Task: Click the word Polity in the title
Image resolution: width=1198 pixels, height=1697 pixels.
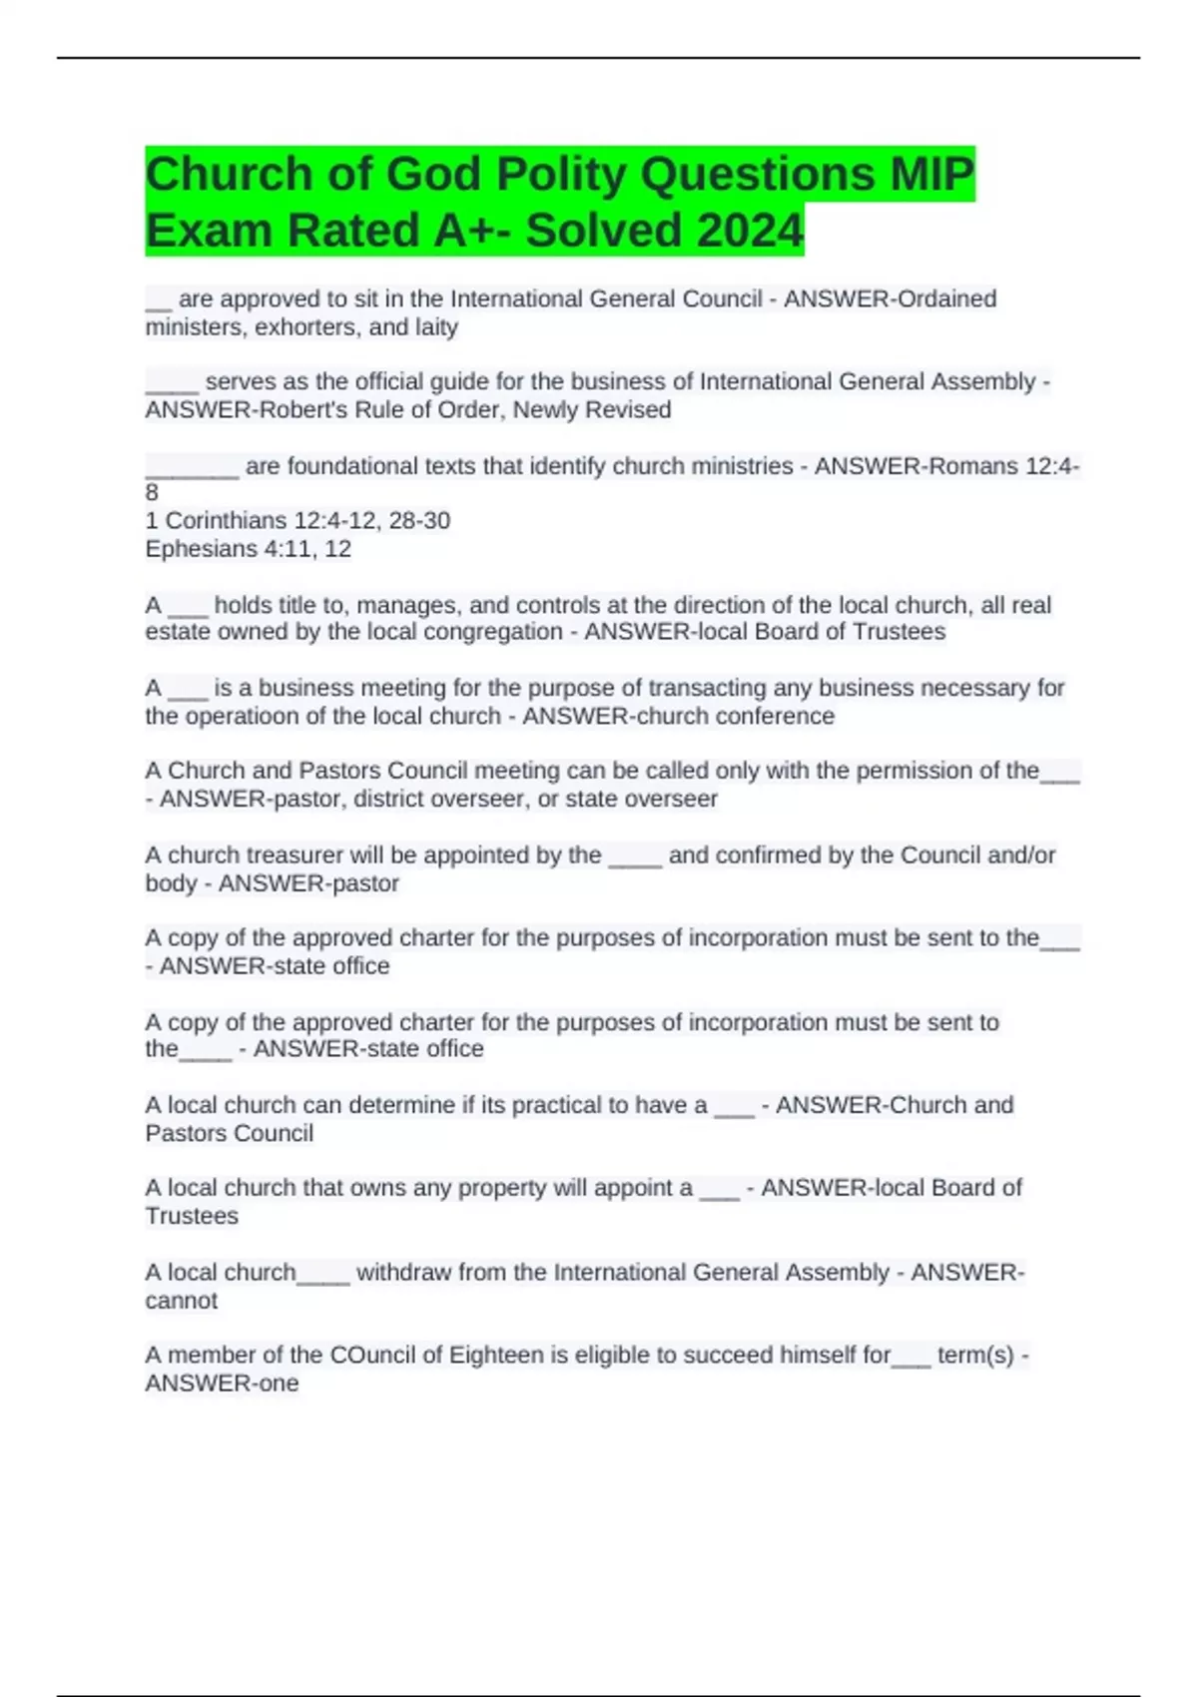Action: click(x=559, y=175)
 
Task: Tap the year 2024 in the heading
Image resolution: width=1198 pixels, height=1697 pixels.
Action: click(x=750, y=231)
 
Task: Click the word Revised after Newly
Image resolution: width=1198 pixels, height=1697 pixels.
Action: click(x=631, y=410)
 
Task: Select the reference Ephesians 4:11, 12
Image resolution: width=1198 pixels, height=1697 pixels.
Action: click(x=248, y=549)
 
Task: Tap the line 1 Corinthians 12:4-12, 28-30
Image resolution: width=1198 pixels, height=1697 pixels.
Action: click(x=298, y=521)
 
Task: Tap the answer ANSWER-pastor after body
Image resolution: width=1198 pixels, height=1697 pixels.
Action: click(x=308, y=883)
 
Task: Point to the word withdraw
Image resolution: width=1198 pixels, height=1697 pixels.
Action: click(x=402, y=1273)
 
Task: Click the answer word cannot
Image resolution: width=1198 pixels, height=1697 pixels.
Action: click(x=181, y=1301)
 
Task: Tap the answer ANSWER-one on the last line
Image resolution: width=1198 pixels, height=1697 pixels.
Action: click(x=222, y=1384)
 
